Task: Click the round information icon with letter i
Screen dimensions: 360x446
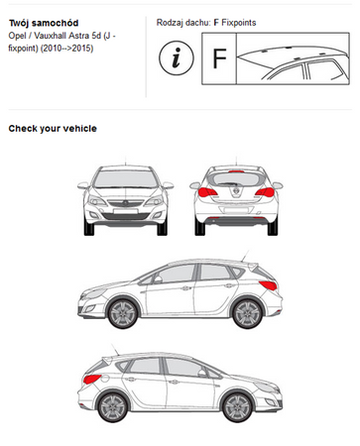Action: [177, 58]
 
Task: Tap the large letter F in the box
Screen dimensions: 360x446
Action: [219, 58]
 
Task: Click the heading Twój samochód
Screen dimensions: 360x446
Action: [44, 23]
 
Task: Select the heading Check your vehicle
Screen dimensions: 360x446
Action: [53, 129]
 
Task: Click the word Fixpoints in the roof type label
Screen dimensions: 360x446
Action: [239, 23]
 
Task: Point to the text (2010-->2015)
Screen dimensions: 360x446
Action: [66, 49]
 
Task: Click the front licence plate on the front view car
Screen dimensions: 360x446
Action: [125, 211]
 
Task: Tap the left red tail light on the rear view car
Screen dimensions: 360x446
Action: [207, 192]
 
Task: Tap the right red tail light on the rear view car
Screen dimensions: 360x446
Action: [265, 192]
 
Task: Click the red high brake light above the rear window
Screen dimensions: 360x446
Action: [236, 171]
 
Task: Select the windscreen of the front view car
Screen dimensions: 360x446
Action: [125, 179]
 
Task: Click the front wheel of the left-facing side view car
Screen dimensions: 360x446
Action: [123, 313]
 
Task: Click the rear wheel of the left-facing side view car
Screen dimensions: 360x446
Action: [248, 313]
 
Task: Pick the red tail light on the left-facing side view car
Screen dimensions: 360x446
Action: [268, 285]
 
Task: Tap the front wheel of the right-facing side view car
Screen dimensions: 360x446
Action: [238, 407]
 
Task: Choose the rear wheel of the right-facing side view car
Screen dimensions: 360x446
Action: [113, 407]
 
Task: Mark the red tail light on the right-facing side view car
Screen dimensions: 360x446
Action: [92, 379]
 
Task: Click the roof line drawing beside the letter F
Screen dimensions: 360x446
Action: [293, 58]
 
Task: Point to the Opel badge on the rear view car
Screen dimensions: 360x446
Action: [236, 191]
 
